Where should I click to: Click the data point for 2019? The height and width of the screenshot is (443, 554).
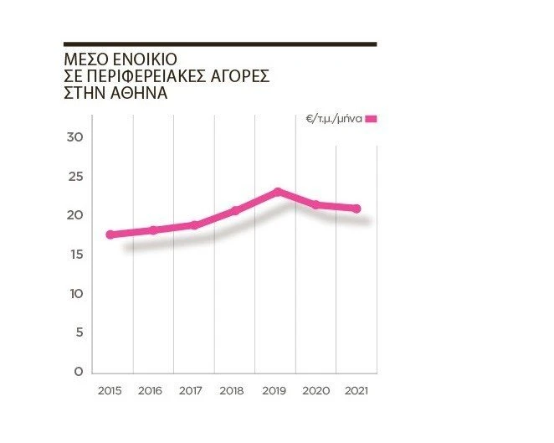(x=278, y=193)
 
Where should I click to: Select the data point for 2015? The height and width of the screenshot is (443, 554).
(x=110, y=234)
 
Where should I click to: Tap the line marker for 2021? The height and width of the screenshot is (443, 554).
(x=357, y=209)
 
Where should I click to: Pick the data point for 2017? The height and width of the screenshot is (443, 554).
(x=194, y=224)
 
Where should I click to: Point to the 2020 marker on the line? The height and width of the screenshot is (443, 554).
(x=316, y=204)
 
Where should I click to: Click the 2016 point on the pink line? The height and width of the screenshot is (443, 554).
(x=152, y=229)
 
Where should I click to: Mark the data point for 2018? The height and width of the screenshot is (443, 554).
(x=235, y=210)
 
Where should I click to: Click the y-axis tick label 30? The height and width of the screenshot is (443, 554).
(x=75, y=137)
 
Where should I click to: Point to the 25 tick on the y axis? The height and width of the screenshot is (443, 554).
(x=75, y=177)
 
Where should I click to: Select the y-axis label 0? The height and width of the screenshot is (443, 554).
(x=79, y=372)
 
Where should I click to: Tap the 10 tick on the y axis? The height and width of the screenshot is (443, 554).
(x=75, y=294)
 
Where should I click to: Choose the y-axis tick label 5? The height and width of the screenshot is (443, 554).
(x=79, y=332)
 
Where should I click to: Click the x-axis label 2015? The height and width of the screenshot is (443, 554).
(x=110, y=391)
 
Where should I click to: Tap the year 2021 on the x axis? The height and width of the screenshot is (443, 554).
(x=357, y=391)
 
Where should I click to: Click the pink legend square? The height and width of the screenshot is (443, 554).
(x=372, y=120)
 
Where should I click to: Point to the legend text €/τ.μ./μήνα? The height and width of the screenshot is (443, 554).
(x=334, y=120)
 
